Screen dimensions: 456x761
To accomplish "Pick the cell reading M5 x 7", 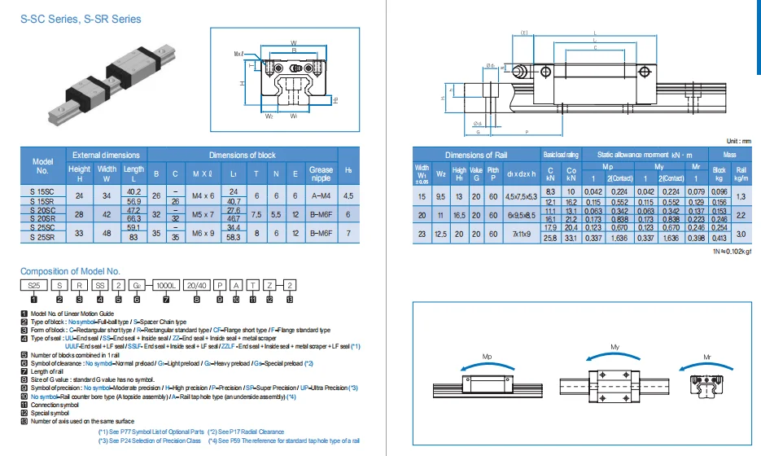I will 202,214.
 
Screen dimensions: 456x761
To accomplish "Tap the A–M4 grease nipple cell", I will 321,195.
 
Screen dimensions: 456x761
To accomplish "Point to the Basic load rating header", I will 560,155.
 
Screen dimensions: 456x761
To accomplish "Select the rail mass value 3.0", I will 741,234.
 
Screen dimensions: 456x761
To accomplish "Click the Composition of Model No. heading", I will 70,270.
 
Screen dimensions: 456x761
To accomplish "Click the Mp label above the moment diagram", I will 487,357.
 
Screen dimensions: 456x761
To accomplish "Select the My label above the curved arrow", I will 614,348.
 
